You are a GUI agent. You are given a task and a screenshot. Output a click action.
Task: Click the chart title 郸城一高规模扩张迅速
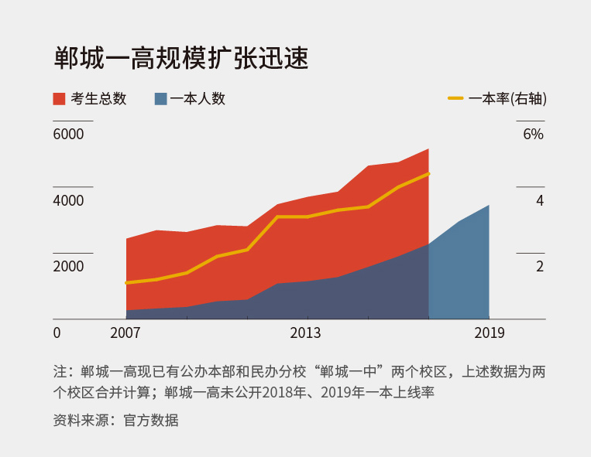click(180, 58)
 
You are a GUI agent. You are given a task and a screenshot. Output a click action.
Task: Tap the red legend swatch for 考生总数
click(59, 99)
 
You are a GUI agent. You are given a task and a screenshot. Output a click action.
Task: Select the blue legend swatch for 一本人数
click(160, 99)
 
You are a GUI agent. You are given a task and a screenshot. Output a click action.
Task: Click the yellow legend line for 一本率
click(455, 99)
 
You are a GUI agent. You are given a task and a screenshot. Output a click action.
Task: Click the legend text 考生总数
click(98, 99)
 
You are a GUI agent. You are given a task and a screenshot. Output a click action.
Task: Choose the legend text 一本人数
click(198, 99)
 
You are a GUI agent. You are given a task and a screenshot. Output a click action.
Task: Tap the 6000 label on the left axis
click(68, 135)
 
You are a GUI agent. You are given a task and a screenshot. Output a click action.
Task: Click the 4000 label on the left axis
click(68, 201)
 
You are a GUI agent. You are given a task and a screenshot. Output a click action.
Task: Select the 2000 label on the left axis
click(68, 267)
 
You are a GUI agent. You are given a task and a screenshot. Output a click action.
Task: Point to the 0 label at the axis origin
click(57, 333)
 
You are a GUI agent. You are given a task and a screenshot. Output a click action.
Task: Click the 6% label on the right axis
click(534, 135)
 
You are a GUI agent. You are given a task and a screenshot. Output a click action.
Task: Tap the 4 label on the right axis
click(540, 201)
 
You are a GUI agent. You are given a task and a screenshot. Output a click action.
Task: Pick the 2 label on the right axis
click(540, 267)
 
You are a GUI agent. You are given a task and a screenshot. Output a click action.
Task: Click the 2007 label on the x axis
click(125, 333)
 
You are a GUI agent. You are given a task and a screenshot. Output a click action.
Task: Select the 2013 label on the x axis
click(307, 333)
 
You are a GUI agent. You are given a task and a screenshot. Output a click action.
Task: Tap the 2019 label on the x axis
click(489, 333)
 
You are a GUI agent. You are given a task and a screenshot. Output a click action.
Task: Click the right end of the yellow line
click(428, 174)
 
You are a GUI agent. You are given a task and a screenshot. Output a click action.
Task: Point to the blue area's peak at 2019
click(488, 206)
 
